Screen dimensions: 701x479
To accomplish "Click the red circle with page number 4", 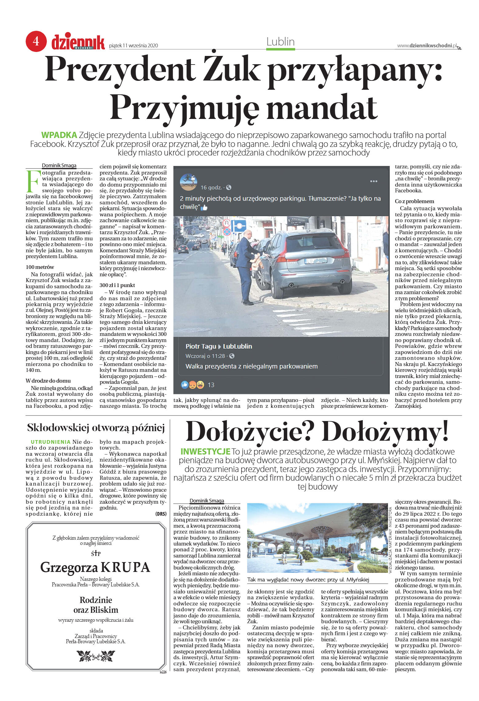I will coord(36,41).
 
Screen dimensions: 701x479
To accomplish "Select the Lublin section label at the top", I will coord(280,42).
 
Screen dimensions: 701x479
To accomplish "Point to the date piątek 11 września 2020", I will coord(133,46).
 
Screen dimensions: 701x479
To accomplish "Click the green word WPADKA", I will coord(59,135).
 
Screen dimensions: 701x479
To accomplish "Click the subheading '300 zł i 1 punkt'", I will coord(117,285).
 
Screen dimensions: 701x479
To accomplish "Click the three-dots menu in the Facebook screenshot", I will coord(374,181).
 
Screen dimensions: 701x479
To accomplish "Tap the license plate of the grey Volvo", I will coord(315,261).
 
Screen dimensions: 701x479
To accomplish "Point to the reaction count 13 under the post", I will coord(211,385).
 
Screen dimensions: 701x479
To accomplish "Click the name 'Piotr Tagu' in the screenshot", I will coord(200,346).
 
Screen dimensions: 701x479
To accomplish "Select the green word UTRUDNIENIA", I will coord(51,442).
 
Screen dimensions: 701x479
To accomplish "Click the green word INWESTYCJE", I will coord(205,451).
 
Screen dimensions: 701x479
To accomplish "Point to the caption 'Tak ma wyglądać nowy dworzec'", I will coord(308,580).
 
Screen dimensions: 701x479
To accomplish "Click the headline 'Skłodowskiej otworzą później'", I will coord(96,428).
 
